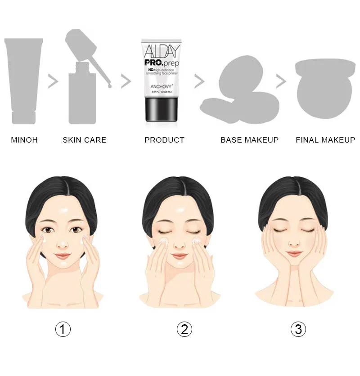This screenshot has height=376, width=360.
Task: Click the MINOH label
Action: [24, 140]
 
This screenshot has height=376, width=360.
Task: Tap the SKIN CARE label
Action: [85, 140]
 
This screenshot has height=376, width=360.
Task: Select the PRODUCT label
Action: [164, 140]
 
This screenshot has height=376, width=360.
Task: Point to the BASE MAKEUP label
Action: [249, 140]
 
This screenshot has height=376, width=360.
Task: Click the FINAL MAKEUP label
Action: [325, 140]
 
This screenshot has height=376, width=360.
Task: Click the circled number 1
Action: [63, 329]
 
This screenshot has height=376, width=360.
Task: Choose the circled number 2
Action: [184, 329]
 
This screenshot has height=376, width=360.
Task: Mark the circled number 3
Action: [298, 329]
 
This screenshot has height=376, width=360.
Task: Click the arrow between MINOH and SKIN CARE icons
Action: [54, 81]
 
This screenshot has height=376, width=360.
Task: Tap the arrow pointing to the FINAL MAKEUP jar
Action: [281, 81]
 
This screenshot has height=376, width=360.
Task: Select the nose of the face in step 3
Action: [295, 243]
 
